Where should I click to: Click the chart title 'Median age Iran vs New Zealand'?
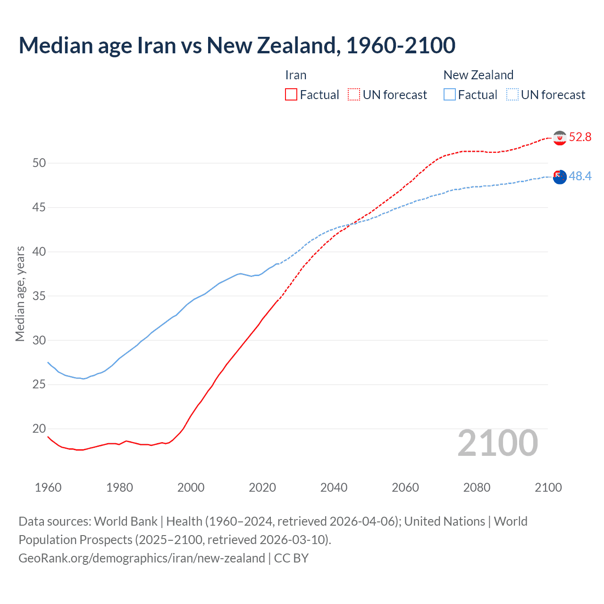237,45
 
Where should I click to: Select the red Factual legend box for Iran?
291,94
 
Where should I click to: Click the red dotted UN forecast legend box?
354,94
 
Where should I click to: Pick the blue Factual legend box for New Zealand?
450,94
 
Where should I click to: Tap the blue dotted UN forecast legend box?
512,94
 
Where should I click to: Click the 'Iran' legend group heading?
296,75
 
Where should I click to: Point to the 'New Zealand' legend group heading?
478,75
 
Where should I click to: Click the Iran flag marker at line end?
560,138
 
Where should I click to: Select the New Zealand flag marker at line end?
560,177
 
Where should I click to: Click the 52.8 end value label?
580,137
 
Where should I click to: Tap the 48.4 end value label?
580,176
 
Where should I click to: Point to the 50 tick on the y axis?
39,163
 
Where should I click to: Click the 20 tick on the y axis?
39,428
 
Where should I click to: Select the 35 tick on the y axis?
39,296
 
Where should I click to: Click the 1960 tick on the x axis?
48,487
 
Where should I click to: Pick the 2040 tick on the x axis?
334,487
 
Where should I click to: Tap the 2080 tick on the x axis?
477,487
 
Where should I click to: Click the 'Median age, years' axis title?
20,294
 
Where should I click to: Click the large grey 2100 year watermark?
498,443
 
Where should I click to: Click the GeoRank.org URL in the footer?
142,558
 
